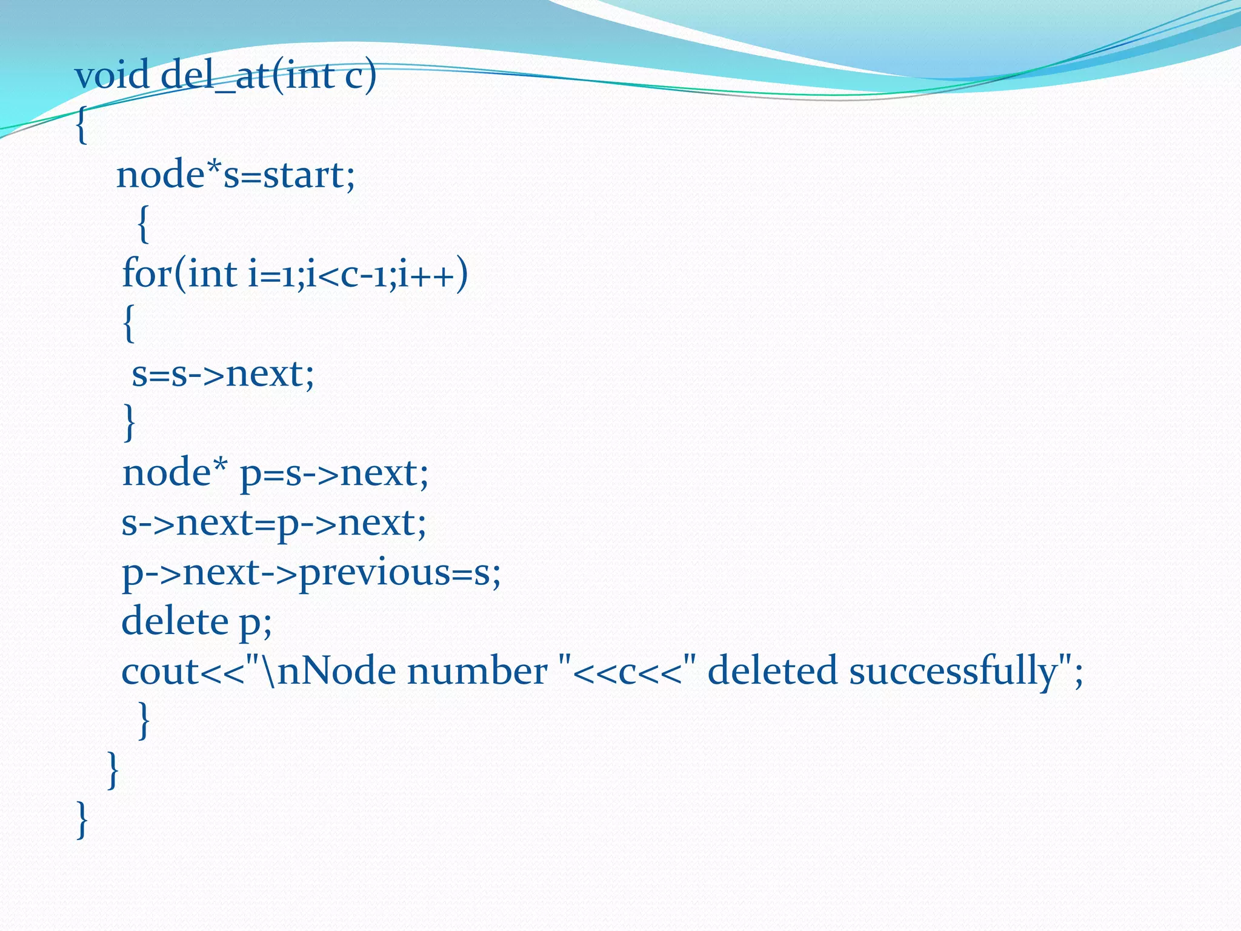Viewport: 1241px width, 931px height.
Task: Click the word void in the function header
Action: (112, 76)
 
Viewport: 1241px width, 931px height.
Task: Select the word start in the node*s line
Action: (304, 175)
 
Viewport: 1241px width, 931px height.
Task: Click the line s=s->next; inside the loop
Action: (223, 374)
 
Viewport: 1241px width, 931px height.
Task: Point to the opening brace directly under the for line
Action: (128, 324)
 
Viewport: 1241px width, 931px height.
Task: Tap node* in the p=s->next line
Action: (175, 473)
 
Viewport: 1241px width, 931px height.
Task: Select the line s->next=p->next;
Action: (274, 523)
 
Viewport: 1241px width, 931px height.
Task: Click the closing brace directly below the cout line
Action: (144, 720)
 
